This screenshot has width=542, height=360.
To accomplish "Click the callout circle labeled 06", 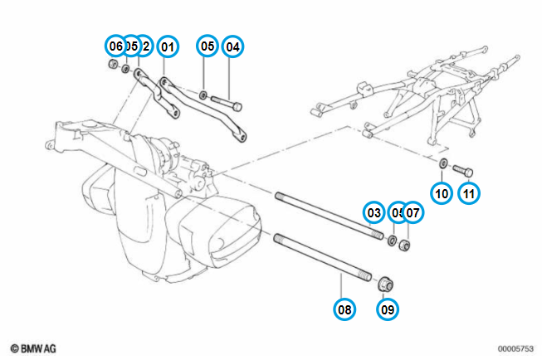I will click(116, 46).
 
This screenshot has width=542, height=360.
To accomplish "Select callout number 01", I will click(168, 46).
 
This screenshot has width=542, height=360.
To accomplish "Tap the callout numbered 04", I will click(232, 46).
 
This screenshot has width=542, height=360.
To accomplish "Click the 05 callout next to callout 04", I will click(208, 46).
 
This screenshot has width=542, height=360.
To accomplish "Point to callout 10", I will click(442, 193).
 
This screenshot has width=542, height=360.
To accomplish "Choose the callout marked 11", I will click(470, 193).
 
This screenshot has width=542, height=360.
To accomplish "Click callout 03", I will click(375, 213).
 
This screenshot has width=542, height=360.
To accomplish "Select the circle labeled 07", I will click(413, 213).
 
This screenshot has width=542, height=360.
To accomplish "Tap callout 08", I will click(344, 309).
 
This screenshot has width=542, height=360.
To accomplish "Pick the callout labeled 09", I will click(387, 309).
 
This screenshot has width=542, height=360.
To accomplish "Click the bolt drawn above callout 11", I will click(463, 171).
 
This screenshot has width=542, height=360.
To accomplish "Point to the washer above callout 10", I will click(443, 163).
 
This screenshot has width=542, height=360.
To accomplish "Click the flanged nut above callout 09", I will click(386, 284).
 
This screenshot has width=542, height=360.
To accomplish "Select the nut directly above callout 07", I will click(406, 245).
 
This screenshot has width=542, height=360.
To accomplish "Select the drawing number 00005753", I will click(515, 349).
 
